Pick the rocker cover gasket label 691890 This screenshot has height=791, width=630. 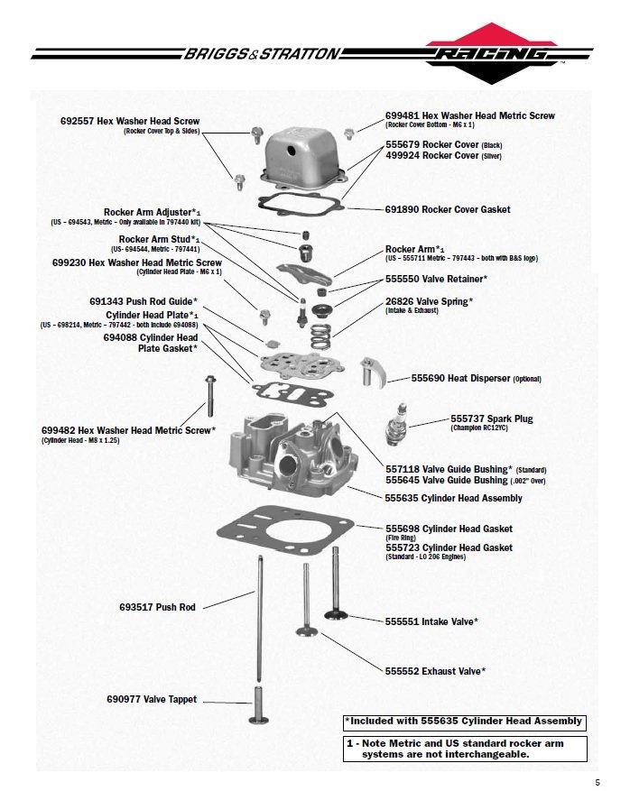click(447, 209)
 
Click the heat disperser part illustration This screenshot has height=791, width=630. click(372, 370)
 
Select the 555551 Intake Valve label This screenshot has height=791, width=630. click(431, 621)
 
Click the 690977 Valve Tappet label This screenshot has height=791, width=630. click(151, 699)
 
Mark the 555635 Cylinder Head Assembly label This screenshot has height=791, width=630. click(453, 498)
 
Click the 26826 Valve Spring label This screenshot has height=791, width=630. click(429, 300)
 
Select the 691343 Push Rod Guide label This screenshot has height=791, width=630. click(143, 300)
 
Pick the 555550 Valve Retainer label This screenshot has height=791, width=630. click(436, 280)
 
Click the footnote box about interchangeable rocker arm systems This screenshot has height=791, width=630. click(464, 749)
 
